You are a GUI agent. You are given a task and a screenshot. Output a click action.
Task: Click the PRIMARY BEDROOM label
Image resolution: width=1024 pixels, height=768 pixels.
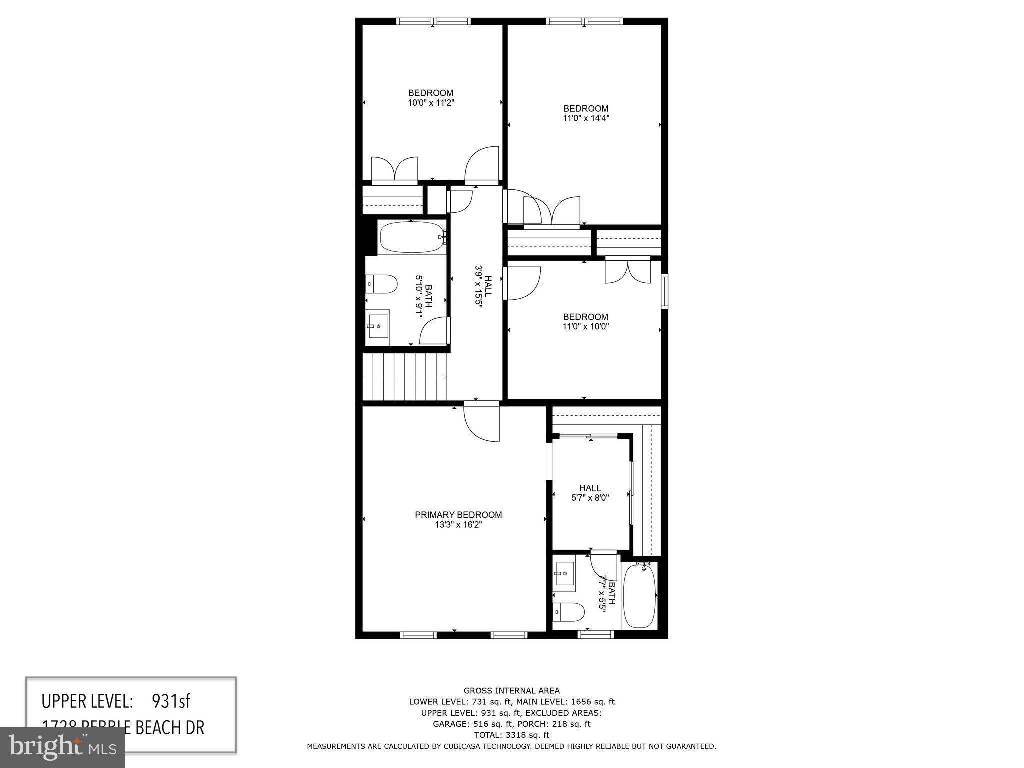pos(458,515)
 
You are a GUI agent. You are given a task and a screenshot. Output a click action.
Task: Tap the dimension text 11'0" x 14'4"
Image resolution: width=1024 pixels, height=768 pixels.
pos(586,119)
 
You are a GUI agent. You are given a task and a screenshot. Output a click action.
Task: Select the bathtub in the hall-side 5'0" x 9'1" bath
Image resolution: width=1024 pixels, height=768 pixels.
pos(409,238)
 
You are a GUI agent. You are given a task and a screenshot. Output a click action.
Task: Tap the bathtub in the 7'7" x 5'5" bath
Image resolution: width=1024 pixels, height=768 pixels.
pos(640,595)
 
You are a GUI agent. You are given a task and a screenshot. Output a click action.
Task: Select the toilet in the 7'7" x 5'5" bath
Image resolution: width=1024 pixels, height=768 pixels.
pos(569,612)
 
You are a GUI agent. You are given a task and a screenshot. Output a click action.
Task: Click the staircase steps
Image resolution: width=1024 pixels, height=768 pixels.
pos(405,377)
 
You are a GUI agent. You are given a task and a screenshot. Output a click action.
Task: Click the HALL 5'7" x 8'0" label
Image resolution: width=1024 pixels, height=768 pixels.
pos(590,493)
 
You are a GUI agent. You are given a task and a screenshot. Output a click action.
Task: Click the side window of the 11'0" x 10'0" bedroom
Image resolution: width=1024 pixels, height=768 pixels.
pos(664,291)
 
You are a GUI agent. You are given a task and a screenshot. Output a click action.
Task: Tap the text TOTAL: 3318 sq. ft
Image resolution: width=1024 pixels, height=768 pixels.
pos(511,735)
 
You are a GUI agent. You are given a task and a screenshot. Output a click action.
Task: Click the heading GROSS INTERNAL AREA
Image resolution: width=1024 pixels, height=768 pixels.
pos(511,691)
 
